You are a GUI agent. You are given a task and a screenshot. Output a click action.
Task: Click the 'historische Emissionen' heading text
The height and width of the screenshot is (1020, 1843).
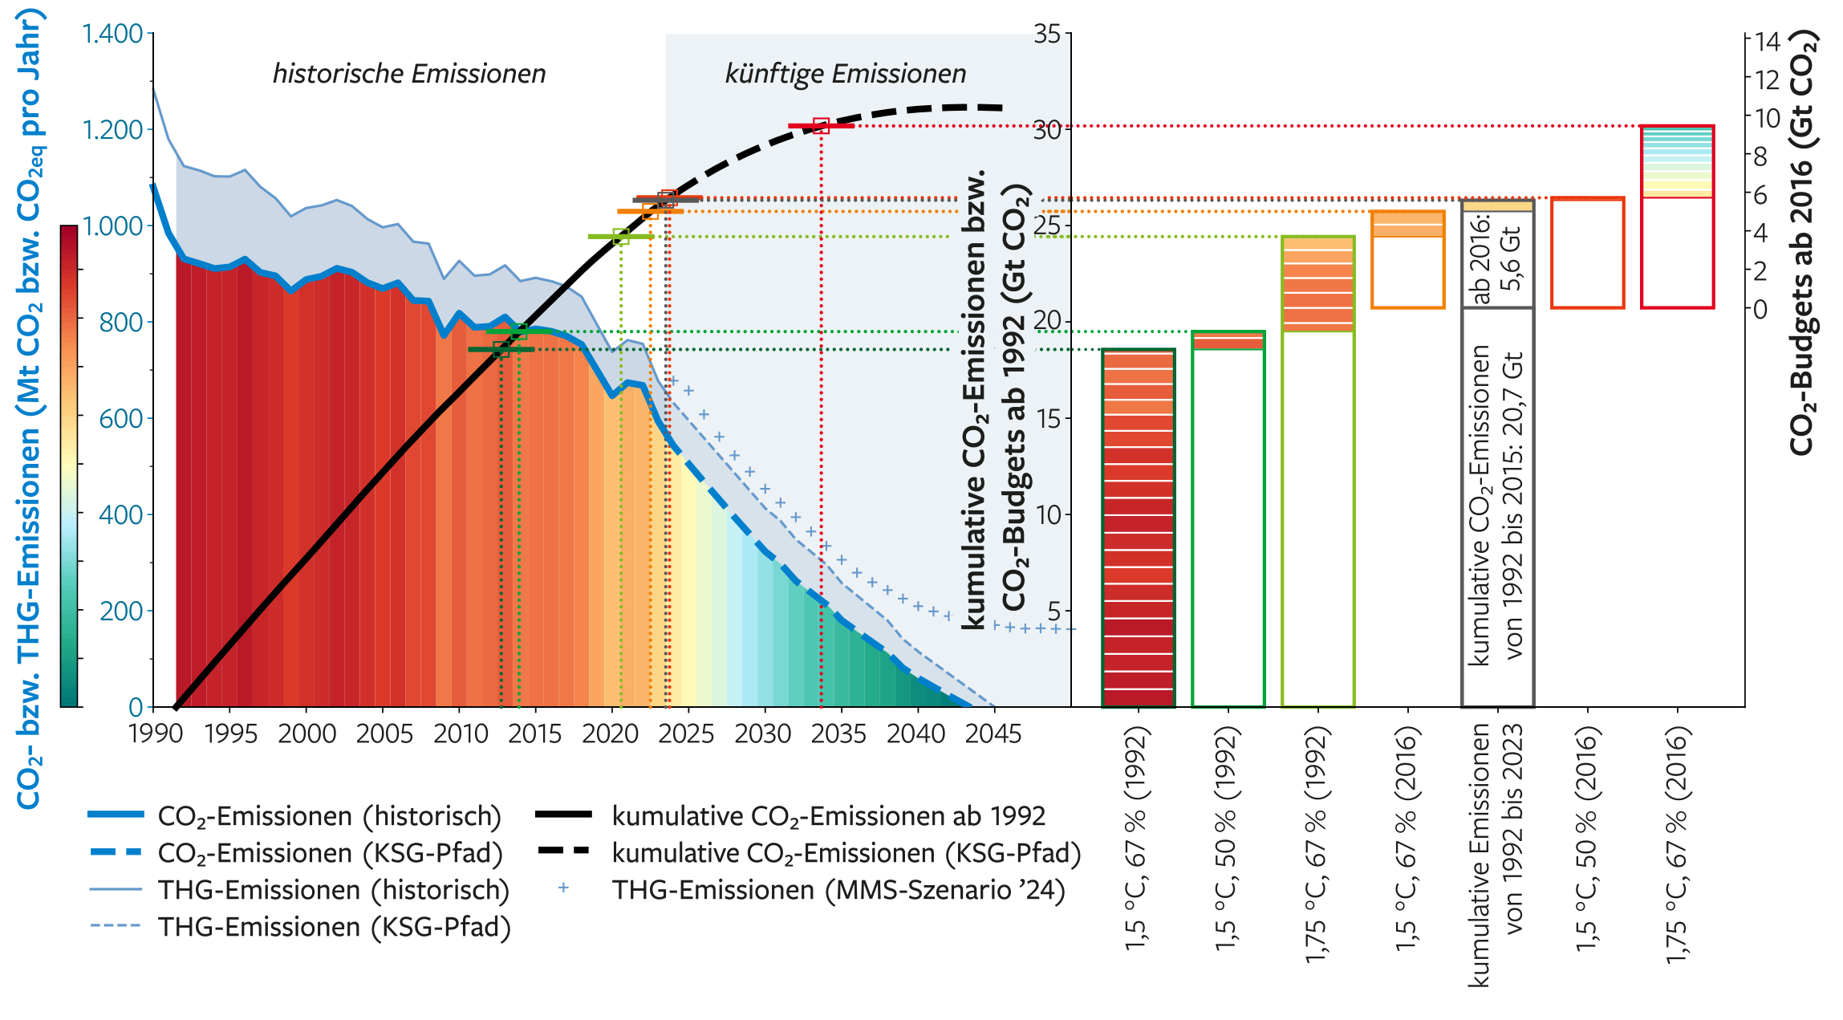tap(408, 74)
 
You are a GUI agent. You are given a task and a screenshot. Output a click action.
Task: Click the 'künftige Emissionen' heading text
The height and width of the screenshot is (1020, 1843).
tap(845, 74)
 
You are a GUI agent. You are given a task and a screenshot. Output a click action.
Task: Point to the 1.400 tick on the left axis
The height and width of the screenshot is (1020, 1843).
tap(112, 34)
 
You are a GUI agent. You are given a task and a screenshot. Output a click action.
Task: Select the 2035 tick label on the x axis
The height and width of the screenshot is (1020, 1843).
tap(838, 734)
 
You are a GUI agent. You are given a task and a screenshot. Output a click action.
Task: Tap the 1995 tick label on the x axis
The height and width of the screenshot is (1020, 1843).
tap(230, 734)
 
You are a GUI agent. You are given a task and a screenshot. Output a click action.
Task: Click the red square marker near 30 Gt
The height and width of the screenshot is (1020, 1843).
tap(820, 126)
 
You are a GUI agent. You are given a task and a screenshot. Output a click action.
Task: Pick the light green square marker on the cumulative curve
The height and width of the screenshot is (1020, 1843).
tap(620, 237)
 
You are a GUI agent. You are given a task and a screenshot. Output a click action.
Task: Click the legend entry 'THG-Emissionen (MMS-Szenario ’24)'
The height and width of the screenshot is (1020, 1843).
tap(838, 890)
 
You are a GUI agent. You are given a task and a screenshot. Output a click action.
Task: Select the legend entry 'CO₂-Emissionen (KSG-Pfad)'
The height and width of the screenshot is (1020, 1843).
tap(330, 853)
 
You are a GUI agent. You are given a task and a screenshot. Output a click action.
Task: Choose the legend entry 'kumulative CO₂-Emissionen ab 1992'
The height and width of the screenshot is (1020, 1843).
tap(828, 816)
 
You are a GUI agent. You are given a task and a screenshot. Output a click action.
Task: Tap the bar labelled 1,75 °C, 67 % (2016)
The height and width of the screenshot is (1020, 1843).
tap(1677, 217)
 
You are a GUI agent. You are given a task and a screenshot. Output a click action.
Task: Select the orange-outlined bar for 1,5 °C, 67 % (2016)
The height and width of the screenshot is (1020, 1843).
tap(1407, 259)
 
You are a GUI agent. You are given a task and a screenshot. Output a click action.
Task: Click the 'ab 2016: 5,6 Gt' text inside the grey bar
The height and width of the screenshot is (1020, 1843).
tap(1496, 258)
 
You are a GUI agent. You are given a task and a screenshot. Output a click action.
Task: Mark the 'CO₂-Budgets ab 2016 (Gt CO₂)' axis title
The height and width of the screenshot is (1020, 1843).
tap(1802, 241)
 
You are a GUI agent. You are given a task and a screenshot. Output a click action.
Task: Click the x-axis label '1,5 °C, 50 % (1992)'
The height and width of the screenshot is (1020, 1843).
tap(1227, 839)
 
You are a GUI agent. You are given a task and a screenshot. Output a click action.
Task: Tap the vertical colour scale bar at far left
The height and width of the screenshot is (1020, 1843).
tap(69, 465)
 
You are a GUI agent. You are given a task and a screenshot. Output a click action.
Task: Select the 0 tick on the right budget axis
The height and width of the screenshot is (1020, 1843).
tap(1760, 309)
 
